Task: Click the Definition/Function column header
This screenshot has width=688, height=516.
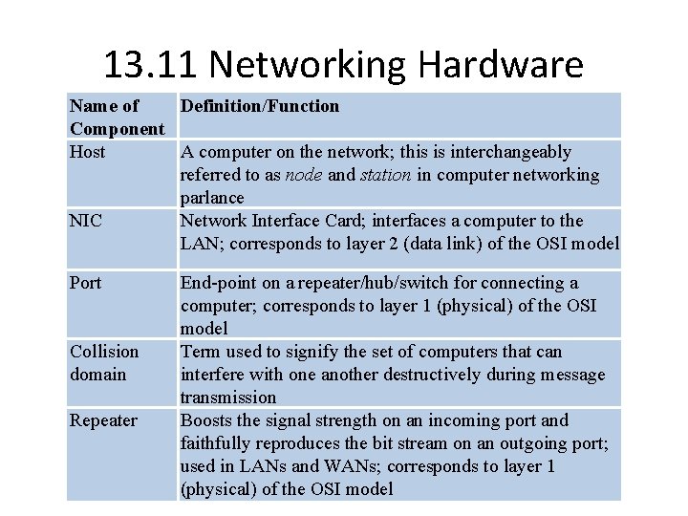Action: tap(259, 106)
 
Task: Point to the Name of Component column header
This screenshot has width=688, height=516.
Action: tap(118, 117)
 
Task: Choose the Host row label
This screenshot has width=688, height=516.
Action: tap(88, 152)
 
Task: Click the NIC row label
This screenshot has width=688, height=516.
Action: tap(85, 221)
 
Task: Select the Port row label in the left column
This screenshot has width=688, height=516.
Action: tap(86, 283)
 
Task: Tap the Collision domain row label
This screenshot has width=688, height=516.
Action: tap(104, 363)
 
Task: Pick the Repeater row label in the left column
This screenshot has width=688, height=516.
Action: tap(103, 420)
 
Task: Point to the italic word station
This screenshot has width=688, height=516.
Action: tap(385, 175)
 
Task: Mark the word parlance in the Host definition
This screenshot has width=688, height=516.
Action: tap(212, 198)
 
